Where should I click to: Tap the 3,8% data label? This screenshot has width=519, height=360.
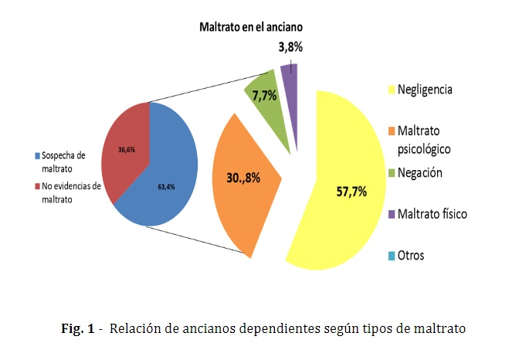pyautogui.click(x=290, y=47)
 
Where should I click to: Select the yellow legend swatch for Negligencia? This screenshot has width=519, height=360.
pyautogui.click(x=391, y=90)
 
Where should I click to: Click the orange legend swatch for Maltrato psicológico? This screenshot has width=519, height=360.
pyautogui.click(x=391, y=131)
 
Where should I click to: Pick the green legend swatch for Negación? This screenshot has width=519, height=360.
pyautogui.click(x=391, y=173)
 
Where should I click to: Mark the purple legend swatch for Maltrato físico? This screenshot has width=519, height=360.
pyautogui.click(x=391, y=213)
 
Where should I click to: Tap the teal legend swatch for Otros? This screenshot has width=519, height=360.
pyautogui.click(x=391, y=256)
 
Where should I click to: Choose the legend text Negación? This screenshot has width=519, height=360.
pyautogui.click(x=419, y=172)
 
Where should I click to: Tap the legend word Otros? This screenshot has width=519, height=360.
pyautogui.click(x=411, y=256)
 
